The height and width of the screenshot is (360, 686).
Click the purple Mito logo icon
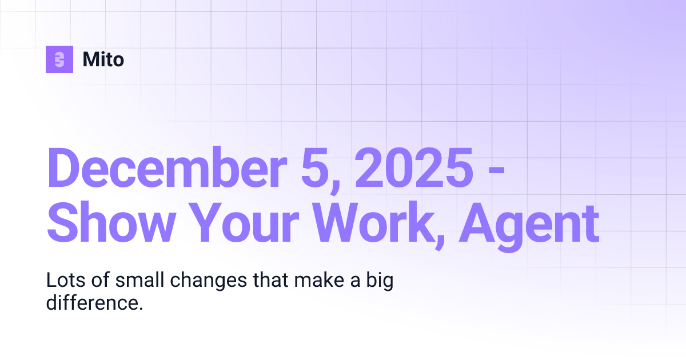(59, 59)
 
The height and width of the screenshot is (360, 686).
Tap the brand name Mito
(103, 59)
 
